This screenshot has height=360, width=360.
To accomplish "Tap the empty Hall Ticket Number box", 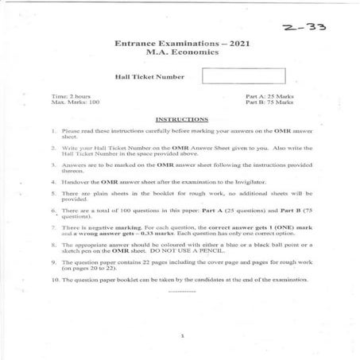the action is coord(243,77).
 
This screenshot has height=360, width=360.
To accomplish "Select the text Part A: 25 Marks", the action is coord(269,96).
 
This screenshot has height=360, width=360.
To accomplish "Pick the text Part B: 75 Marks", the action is coord(269,103).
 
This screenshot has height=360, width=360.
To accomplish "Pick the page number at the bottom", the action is coord(182,335).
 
